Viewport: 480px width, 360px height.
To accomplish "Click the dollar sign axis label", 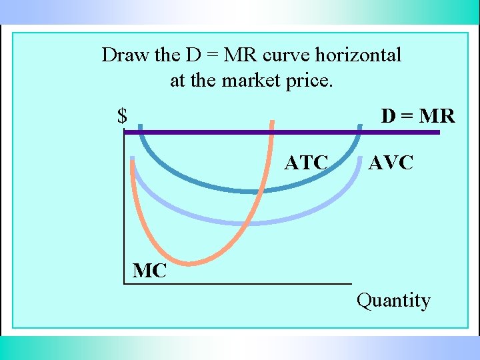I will click(122, 117).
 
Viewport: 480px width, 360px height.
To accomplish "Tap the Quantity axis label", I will click(393, 301).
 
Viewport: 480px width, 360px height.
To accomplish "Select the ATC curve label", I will click(306, 163).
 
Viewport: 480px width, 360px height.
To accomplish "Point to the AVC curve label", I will click(391, 163).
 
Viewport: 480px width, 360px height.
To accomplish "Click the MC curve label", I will click(150, 271).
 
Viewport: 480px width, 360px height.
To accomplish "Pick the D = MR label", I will click(417, 117).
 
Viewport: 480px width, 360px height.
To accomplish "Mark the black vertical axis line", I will click(124, 213).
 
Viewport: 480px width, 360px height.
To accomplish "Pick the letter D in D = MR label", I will click(388, 117).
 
